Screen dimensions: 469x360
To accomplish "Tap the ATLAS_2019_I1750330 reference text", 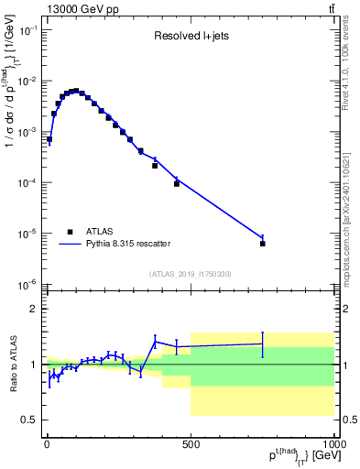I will (190, 274).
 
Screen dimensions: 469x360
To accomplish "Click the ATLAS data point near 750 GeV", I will (263, 244).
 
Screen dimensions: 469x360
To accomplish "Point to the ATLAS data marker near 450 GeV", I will (177, 184).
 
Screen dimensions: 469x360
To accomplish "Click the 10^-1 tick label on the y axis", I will (27, 30).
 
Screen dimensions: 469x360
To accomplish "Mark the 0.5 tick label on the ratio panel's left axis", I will (30, 420).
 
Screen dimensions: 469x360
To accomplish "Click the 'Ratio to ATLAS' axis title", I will (11, 365).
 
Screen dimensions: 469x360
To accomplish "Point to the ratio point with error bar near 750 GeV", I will (263, 344).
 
